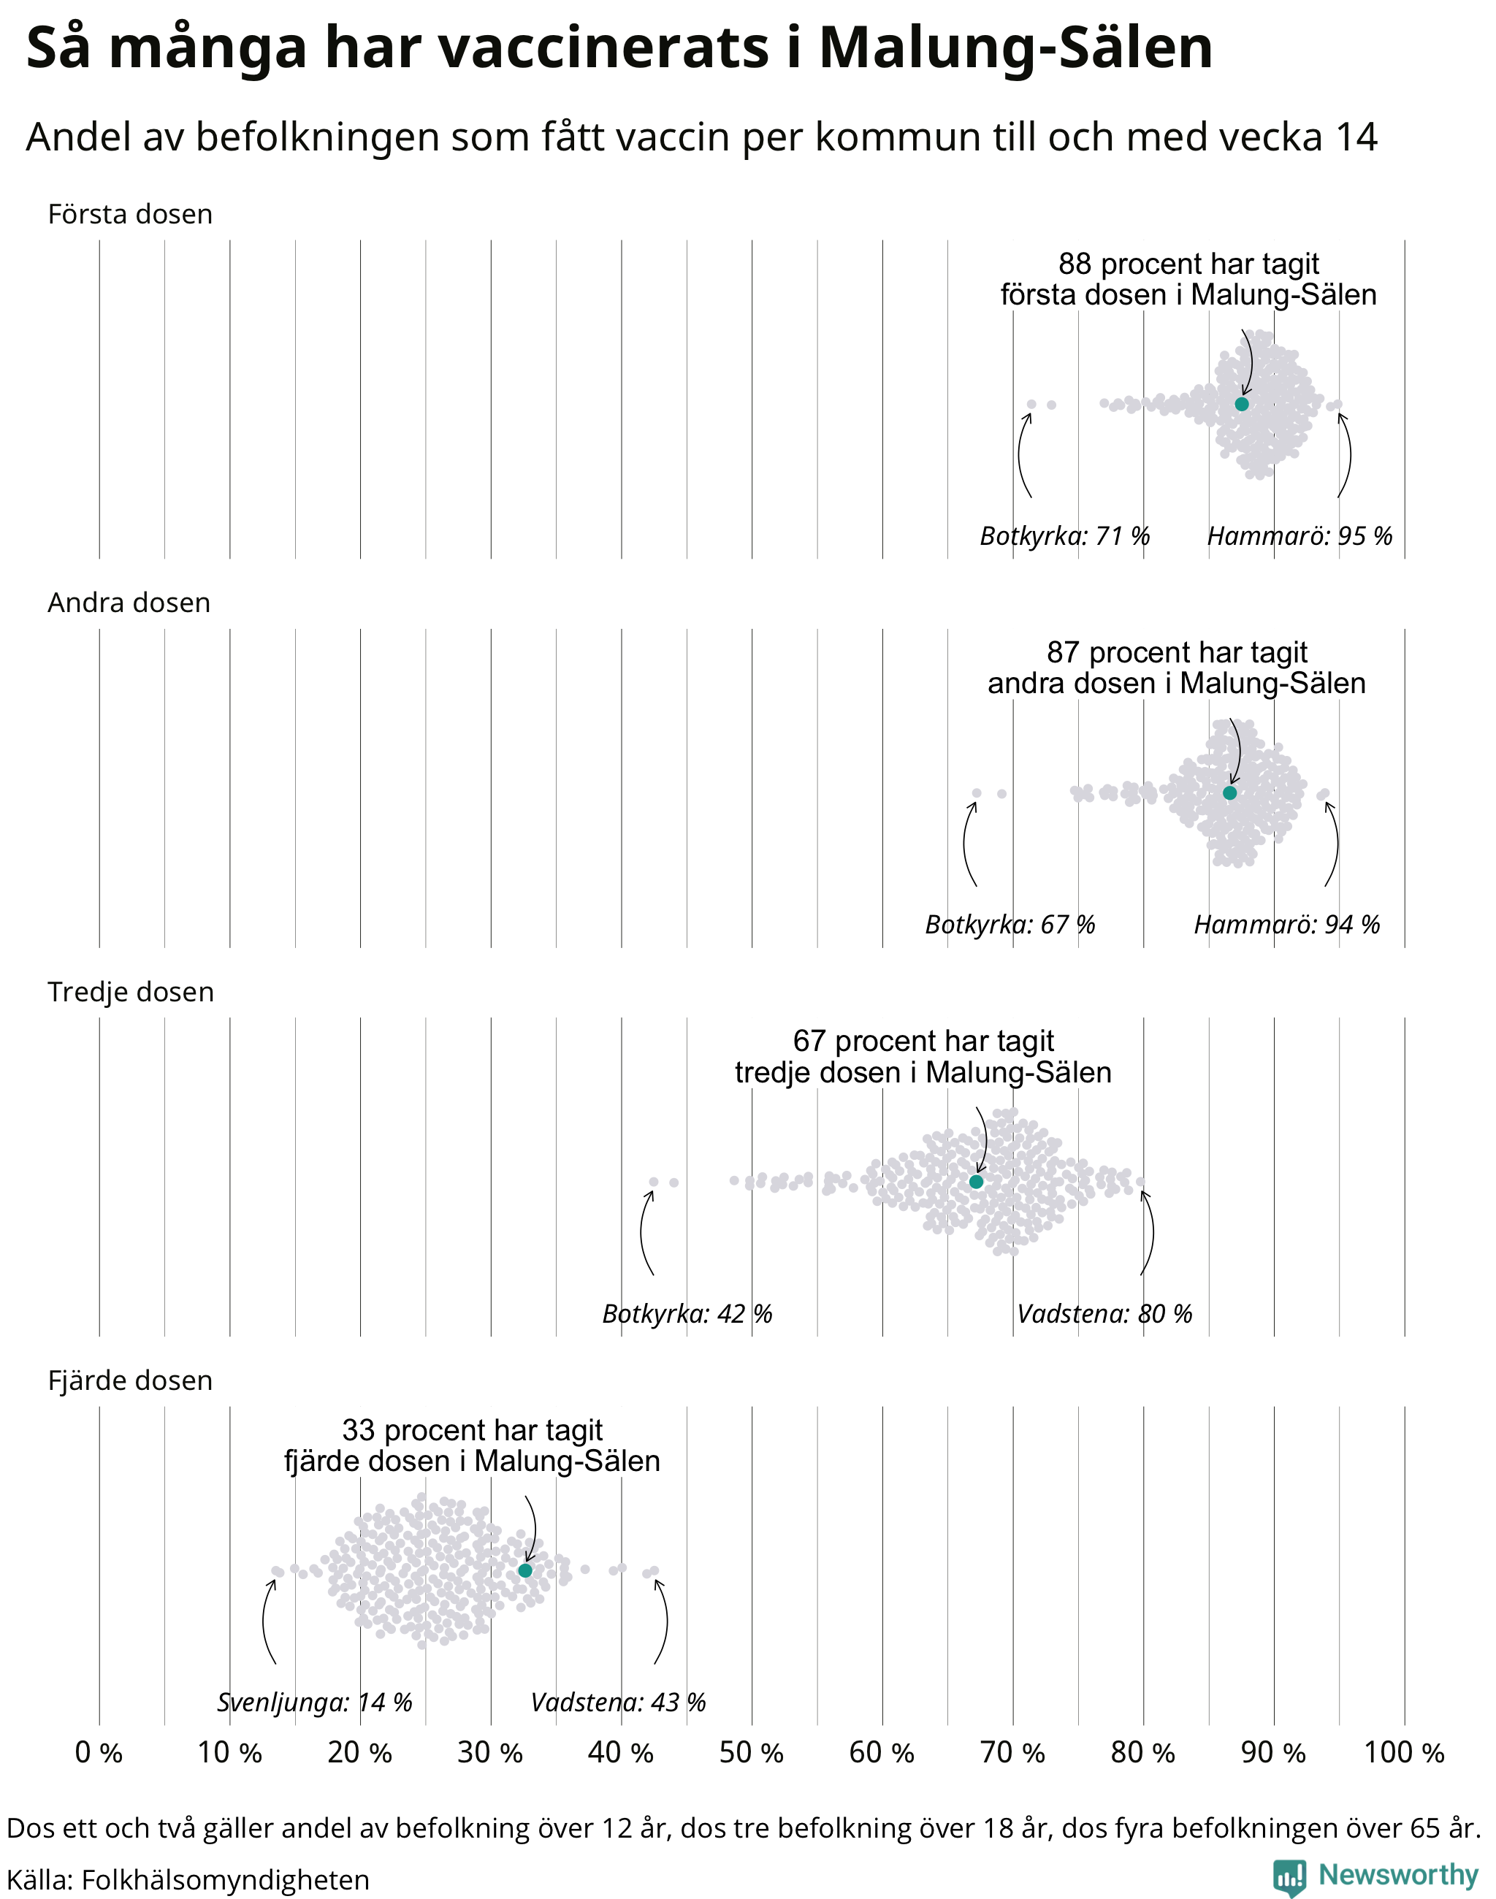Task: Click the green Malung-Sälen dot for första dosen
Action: coord(1241,404)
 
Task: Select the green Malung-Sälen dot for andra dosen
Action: coord(1229,792)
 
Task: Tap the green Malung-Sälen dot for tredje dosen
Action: coord(977,1182)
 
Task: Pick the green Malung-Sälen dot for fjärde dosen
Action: coord(524,1570)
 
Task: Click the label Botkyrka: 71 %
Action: coord(1064,536)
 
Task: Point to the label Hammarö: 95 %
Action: coord(1300,536)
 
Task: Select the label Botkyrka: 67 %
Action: coord(1010,925)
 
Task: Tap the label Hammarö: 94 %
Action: coord(1286,925)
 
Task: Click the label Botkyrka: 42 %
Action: coord(687,1314)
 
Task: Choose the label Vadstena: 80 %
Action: coord(1104,1314)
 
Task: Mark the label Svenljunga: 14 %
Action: coord(314,1703)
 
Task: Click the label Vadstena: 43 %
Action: coord(619,1703)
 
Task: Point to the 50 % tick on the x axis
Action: coord(751,1753)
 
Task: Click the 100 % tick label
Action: coord(1404,1753)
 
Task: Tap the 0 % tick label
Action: coord(99,1753)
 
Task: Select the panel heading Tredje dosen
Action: coord(131,992)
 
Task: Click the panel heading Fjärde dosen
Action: coord(131,1380)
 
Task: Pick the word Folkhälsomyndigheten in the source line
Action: coord(225,1880)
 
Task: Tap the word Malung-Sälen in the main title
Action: coord(1016,48)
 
